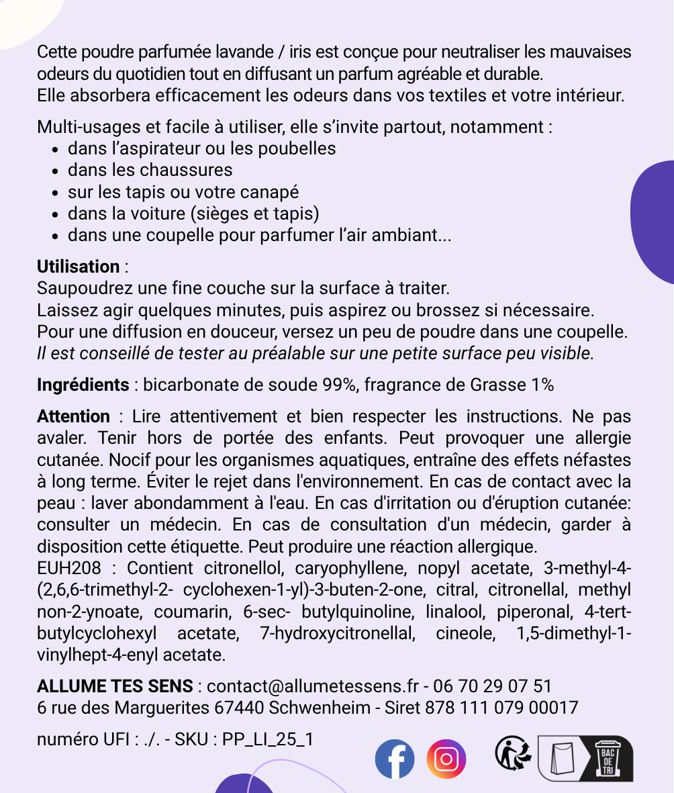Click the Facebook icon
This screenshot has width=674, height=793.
tap(395, 759)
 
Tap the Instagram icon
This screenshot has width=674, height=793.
tap(446, 759)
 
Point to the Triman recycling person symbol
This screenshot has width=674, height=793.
tap(513, 753)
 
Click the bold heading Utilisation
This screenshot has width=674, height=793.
tap(78, 267)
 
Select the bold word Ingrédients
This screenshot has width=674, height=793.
tap(83, 385)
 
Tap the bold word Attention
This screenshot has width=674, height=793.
tap(73, 416)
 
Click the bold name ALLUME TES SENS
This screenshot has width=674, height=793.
tap(115, 686)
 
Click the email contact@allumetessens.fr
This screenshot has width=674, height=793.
tap(313, 686)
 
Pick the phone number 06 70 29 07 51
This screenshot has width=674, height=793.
tap(493, 686)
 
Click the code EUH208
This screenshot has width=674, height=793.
tap(68, 568)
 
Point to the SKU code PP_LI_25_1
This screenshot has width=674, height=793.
tap(268, 739)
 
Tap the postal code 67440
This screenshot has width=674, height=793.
tap(237, 708)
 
